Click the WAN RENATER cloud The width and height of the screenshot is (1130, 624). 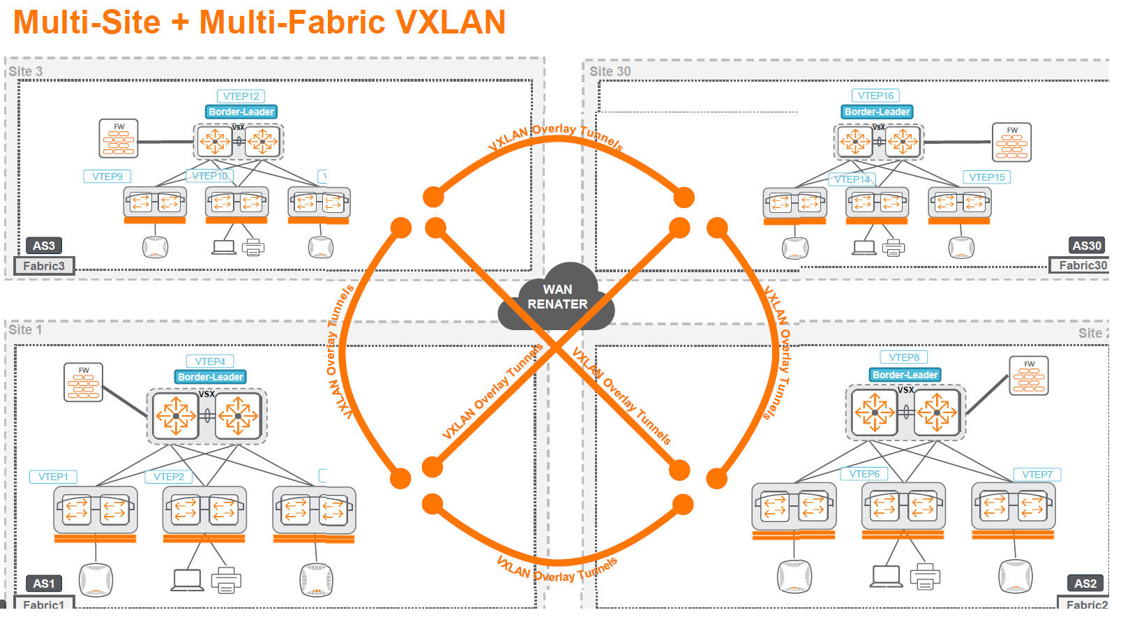[557, 297]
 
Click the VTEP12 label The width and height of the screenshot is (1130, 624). [241, 96]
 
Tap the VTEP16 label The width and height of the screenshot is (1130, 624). [875, 96]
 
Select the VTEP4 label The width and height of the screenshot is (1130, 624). [210, 362]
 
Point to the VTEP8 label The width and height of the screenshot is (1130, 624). [904, 357]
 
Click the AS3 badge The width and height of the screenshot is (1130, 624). [43, 246]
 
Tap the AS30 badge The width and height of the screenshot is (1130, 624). [1087, 246]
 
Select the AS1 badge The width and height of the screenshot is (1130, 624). [43, 584]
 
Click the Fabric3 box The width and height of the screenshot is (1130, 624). [44, 266]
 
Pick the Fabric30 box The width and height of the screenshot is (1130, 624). [1082, 265]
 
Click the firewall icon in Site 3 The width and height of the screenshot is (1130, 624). [119, 139]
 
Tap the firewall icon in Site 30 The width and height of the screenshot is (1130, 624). [1011, 142]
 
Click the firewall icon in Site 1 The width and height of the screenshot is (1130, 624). [83, 382]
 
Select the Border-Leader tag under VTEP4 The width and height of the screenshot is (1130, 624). [210, 377]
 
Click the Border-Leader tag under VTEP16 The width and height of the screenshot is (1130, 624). [877, 112]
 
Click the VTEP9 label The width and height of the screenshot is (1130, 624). [107, 177]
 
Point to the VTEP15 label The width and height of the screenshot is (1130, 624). [986, 177]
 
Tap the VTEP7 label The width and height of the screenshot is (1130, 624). [1037, 475]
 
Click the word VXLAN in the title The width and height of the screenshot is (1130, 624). [451, 22]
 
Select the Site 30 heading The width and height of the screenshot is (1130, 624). [610, 71]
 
